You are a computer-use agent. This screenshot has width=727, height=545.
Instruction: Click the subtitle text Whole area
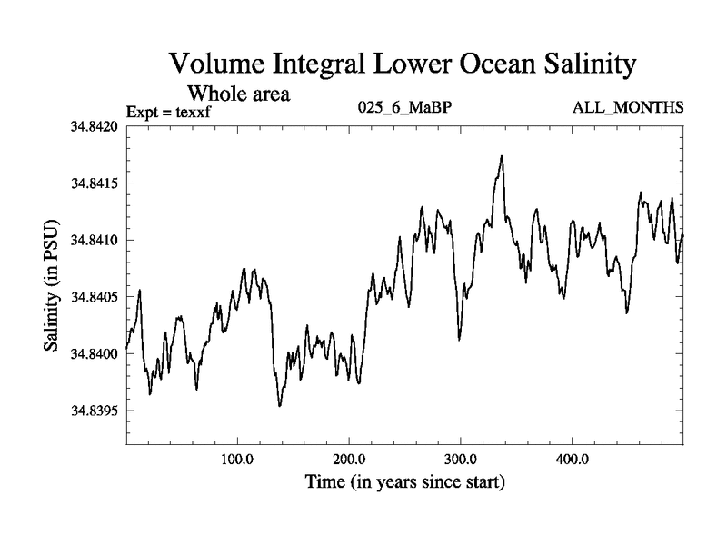click(x=238, y=93)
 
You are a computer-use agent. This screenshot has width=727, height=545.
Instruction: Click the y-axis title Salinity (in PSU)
click(x=52, y=286)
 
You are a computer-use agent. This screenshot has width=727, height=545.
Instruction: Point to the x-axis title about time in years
click(x=404, y=481)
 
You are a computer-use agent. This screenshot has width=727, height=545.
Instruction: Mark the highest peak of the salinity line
click(x=501, y=156)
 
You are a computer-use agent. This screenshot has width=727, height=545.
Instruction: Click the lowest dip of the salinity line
click(x=279, y=405)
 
